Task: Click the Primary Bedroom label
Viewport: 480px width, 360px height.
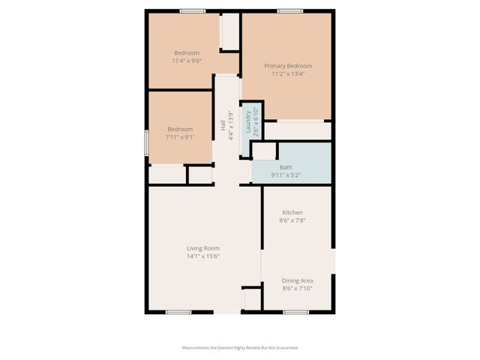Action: (x=287, y=66)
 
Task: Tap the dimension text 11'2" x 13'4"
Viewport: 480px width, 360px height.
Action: (x=287, y=75)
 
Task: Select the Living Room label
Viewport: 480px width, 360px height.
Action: (x=202, y=248)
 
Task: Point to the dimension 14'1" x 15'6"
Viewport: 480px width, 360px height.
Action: (x=202, y=257)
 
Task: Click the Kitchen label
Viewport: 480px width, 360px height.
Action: (x=292, y=212)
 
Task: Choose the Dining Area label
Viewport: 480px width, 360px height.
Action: (x=297, y=280)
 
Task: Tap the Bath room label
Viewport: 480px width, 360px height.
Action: (x=286, y=167)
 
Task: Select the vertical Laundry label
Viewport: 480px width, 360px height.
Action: (x=248, y=121)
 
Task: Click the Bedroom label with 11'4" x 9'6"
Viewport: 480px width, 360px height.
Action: (x=187, y=52)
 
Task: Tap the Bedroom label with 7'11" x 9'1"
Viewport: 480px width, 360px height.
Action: (x=180, y=129)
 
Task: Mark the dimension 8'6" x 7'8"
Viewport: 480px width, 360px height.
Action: (x=292, y=220)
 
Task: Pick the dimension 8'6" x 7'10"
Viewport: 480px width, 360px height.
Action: (x=297, y=288)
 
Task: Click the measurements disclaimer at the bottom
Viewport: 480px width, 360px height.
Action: (x=240, y=348)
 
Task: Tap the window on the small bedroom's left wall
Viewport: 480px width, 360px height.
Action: (x=145, y=142)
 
